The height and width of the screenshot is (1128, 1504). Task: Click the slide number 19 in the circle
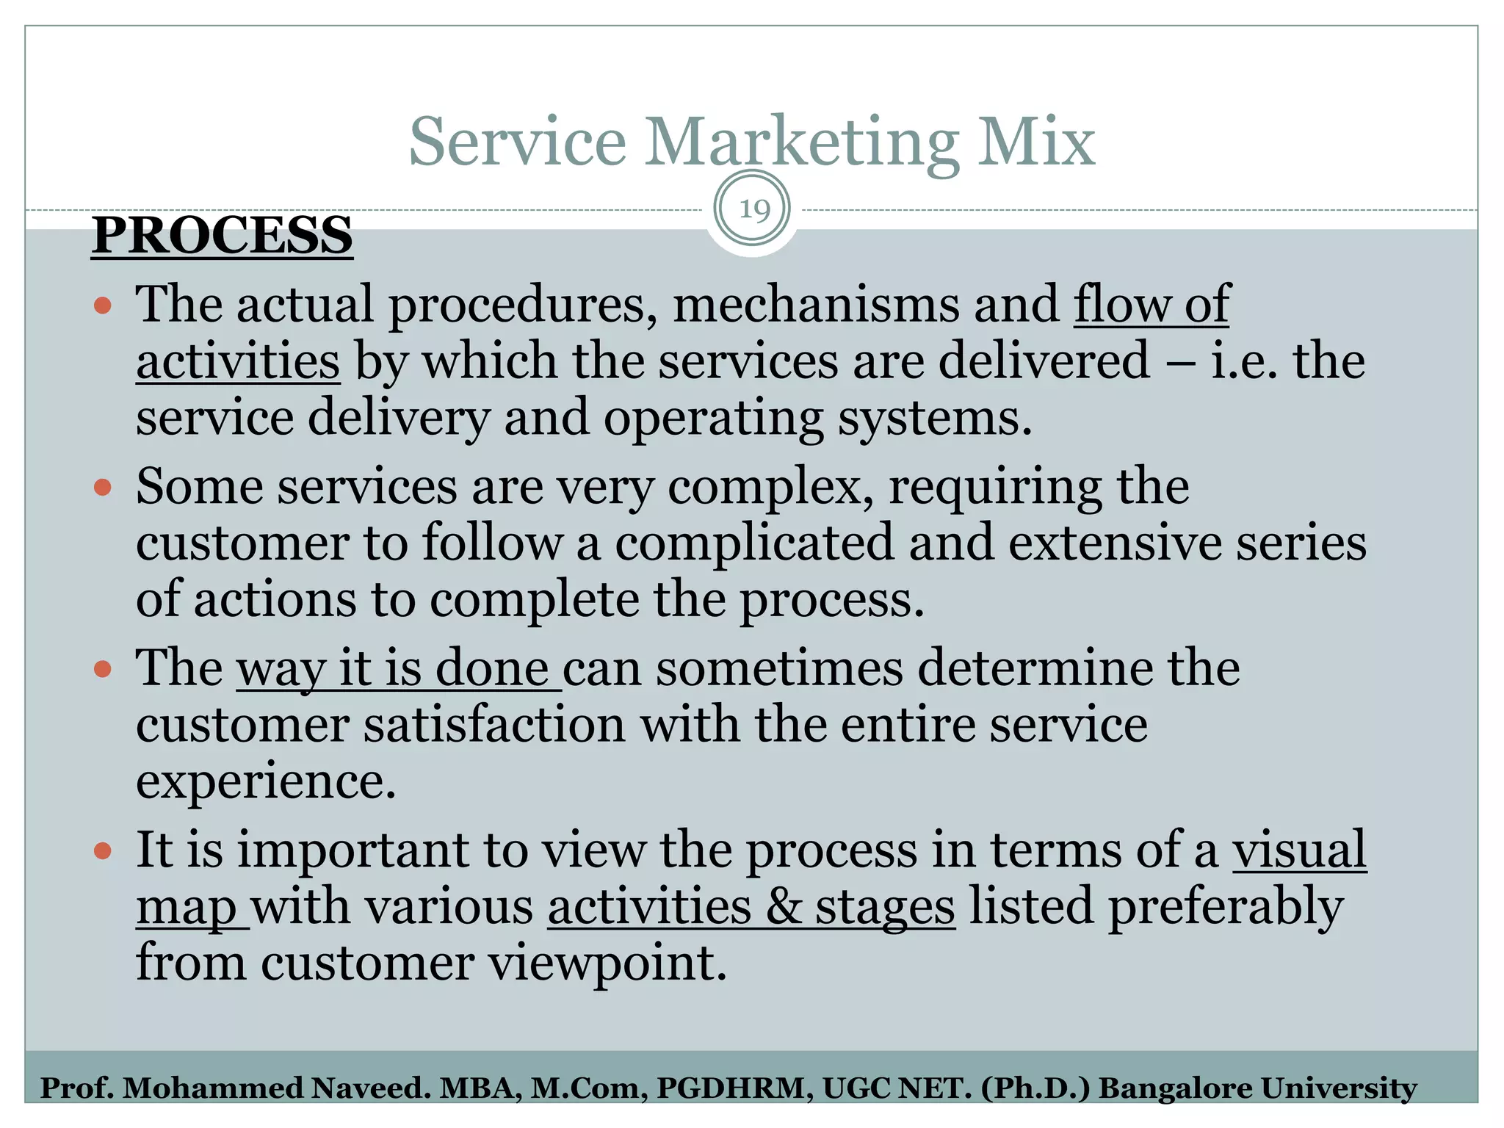coord(753,210)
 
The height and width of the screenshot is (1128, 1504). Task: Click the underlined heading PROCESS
coord(222,236)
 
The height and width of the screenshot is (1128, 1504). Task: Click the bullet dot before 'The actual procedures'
coord(103,305)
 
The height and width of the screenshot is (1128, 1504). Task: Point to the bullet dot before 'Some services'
coord(103,487)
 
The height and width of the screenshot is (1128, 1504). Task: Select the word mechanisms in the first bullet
coord(815,305)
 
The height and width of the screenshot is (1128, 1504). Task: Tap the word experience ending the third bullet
coord(266,782)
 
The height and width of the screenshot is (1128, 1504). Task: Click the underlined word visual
coord(1298,850)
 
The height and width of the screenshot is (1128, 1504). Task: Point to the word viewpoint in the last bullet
coord(608,963)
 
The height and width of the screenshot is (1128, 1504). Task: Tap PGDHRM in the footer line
coord(734,1088)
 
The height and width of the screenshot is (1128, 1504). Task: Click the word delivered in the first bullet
coord(1044,361)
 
